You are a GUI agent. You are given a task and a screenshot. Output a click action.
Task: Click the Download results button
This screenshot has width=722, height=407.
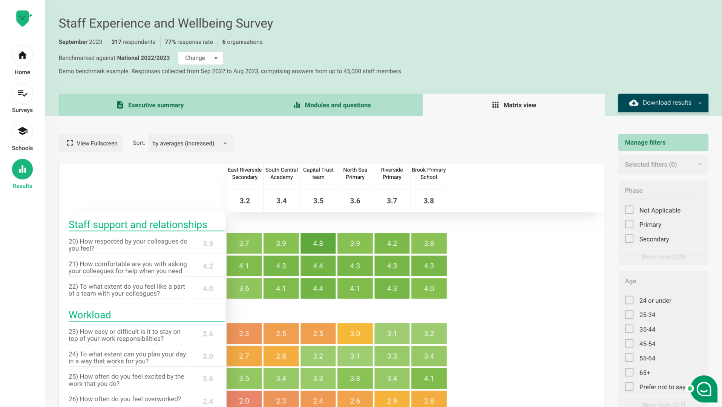(663, 103)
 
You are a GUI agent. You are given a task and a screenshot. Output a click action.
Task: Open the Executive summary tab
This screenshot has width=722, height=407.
(150, 105)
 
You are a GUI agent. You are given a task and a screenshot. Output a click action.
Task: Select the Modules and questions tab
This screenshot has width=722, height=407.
(332, 105)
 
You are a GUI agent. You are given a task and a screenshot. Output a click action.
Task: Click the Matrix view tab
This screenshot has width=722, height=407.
(514, 105)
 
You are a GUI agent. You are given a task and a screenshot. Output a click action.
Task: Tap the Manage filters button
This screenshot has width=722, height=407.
(663, 142)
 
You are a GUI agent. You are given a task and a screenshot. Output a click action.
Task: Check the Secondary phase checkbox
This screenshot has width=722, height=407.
(629, 239)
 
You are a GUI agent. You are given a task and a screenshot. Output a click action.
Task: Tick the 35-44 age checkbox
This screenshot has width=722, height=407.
(629, 329)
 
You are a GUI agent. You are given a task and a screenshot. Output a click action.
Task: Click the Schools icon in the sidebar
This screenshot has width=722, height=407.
(22, 132)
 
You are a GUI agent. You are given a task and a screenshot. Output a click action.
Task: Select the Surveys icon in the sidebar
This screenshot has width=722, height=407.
(22, 93)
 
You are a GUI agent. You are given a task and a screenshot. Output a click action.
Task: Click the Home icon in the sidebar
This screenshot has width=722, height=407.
(22, 56)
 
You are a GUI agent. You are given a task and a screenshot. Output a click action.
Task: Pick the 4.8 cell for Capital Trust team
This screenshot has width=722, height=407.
(318, 243)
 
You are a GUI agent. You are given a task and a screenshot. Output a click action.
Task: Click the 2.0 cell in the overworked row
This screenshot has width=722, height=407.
(244, 400)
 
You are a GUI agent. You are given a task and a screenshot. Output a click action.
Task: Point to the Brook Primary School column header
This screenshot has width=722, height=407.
(429, 174)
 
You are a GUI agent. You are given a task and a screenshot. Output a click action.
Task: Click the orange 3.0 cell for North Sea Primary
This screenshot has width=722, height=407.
(355, 334)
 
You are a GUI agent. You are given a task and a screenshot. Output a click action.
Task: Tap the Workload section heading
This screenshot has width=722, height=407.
(90, 315)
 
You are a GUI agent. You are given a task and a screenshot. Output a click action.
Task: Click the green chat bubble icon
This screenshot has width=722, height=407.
(704, 389)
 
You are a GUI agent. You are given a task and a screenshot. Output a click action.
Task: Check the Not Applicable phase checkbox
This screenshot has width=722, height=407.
(629, 210)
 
